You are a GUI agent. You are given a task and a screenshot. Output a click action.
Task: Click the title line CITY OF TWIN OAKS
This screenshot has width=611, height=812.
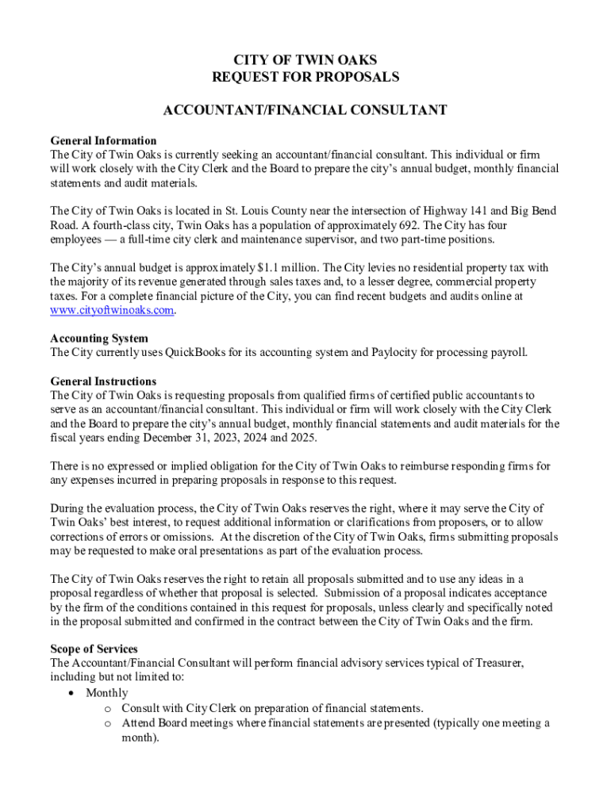(305, 60)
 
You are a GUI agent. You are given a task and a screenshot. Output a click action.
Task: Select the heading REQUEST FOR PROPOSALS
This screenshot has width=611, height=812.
(305, 77)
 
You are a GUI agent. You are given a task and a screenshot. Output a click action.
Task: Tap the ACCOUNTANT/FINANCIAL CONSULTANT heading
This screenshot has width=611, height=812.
(305, 110)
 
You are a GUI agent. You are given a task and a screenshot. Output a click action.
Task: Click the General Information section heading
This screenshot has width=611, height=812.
(103, 140)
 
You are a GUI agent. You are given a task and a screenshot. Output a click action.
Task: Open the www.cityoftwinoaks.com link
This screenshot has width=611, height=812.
(111, 311)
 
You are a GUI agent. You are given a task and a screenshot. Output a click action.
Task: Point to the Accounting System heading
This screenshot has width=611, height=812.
(99, 339)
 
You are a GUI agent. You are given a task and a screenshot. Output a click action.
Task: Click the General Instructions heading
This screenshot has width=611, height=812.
(103, 381)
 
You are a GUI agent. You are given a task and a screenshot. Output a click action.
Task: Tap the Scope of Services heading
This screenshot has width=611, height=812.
(94, 648)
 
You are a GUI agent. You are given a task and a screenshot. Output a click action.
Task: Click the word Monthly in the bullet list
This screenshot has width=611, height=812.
(107, 693)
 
